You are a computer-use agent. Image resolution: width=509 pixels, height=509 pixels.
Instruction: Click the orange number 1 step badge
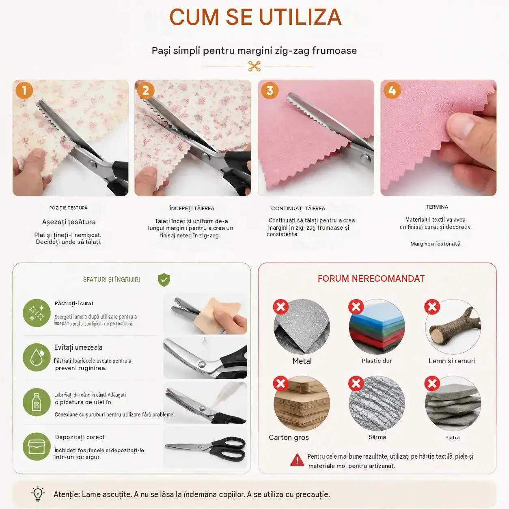point(24,91)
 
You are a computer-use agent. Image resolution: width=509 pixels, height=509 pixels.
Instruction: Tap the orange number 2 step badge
point(146,91)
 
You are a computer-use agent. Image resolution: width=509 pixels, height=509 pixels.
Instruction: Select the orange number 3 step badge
point(270,91)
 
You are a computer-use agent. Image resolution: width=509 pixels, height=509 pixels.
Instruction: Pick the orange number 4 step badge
point(392,91)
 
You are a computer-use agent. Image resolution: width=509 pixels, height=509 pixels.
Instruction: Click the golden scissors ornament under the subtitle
point(254,66)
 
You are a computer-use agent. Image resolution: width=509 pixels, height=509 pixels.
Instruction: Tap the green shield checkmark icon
point(164,280)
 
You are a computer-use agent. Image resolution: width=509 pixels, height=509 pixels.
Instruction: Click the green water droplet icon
point(37,357)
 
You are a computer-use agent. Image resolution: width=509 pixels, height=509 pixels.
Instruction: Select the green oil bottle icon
point(37,402)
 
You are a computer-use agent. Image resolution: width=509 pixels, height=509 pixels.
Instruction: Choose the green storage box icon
point(37,446)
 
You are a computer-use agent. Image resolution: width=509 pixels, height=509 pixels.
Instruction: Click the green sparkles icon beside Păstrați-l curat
point(37,313)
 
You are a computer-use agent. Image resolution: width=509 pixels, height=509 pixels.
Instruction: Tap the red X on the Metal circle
point(280,307)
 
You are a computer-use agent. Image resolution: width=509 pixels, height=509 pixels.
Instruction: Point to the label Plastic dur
point(377,361)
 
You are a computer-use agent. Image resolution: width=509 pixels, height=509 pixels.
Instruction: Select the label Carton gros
point(289,438)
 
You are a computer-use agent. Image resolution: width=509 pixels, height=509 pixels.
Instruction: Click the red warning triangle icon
point(297,459)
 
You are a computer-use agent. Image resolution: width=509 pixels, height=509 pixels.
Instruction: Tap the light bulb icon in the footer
point(38,494)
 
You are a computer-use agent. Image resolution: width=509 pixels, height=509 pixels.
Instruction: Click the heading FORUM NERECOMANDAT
point(371,279)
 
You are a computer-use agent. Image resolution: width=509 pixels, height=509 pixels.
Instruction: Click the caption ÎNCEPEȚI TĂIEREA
point(192,208)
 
